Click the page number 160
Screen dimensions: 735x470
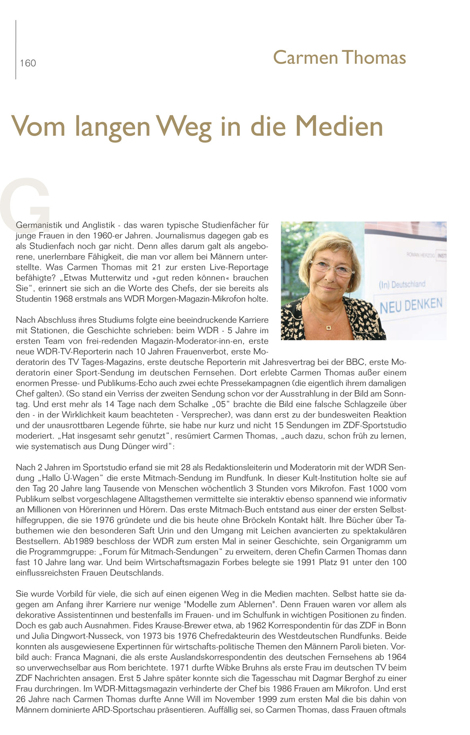(x=28, y=63)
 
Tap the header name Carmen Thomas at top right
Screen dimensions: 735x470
(x=339, y=57)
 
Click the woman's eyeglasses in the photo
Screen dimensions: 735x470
(x=331, y=267)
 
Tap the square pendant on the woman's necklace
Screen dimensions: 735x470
(x=329, y=328)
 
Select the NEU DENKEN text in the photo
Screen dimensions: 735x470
(x=411, y=305)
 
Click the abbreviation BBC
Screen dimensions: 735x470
(x=352, y=362)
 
